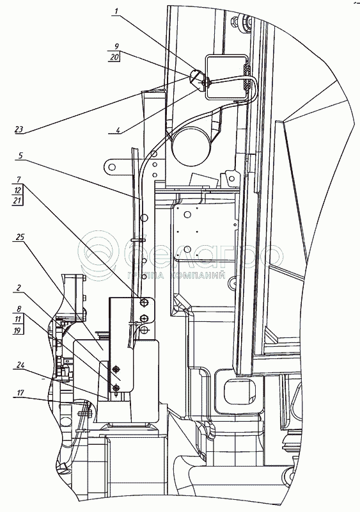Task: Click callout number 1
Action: coord(116,12)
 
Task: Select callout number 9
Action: coord(116,46)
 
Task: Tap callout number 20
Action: coord(114,57)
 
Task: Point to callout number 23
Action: coord(19,129)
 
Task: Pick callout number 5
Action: coord(20,156)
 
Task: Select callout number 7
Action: coord(19,180)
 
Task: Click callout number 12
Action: coord(18,189)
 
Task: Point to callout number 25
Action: coord(20,237)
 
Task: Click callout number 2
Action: coord(19,288)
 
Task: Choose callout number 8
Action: coord(19,309)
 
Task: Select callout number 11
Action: coord(18,319)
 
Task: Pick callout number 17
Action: coord(20,392)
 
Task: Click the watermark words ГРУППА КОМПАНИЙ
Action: coord(177,276)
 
